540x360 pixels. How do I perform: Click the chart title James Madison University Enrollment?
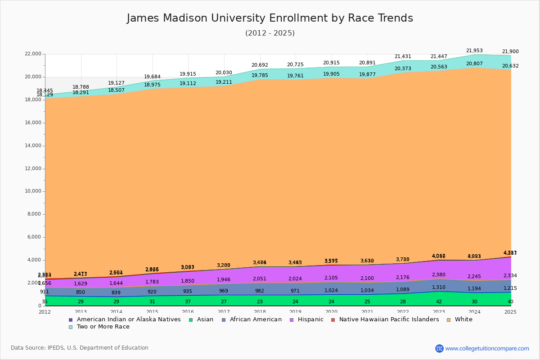coord(270,18)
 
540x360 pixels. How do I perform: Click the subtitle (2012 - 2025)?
coord(270,33)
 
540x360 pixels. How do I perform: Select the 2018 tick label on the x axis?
coord(260,312)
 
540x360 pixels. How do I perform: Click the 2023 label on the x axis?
coord(439,312)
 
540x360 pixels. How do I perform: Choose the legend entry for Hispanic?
coord(307,319)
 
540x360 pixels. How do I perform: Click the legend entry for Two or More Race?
coord(103,327)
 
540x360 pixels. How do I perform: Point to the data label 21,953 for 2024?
coord(474,51)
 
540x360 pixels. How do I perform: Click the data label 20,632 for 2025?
coord(510,66)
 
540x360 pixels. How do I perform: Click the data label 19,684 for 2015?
coord(152,77)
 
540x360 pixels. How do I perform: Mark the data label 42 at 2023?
coord(439,301)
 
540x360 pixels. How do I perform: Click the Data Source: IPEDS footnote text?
coord(80,348)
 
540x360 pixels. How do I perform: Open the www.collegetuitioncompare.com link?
coord(487,348)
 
